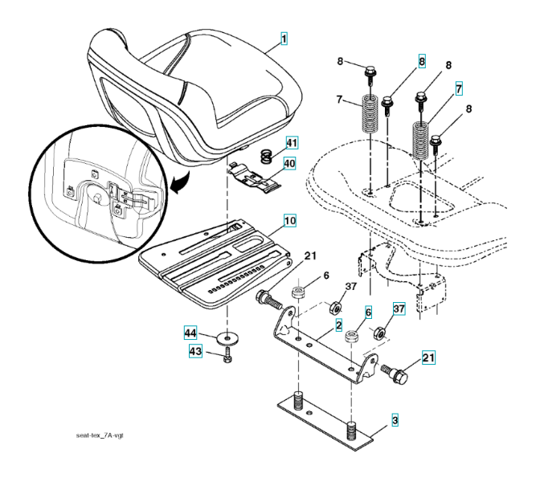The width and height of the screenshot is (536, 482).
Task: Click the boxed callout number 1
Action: click(x=284, y=39)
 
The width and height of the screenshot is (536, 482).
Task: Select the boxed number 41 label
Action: click(x=292, y=142)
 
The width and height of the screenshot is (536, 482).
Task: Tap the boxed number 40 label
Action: click(x=289, y=163)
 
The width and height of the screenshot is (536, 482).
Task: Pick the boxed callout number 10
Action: click(x=290, y=220)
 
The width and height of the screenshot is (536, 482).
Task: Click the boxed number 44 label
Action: click(x=190, y=333)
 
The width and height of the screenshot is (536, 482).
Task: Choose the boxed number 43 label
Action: click(x=195, y=351)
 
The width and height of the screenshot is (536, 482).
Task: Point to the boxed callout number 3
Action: click(x=395, y=420)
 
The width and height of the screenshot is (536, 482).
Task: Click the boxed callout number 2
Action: click(x=338, y=325)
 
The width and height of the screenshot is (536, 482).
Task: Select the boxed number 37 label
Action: click(x=399, y=308)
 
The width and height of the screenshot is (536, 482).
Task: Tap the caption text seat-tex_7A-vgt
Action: click(x=100, y=435)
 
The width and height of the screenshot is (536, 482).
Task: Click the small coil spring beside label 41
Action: click(x=267, y=157)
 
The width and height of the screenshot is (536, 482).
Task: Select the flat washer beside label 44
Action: click(x=227, y=338)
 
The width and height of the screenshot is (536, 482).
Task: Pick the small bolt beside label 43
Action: click(x=227, y=355)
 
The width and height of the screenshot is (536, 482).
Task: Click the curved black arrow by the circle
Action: click(x=180, y=182)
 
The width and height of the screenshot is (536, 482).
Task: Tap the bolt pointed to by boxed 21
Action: click(x=395, y=374)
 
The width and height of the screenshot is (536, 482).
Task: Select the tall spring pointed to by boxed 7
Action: click(x=420, y=140)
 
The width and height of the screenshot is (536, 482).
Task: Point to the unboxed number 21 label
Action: click(x=309, y=255)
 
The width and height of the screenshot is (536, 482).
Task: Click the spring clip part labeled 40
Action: click(x=254, y=176)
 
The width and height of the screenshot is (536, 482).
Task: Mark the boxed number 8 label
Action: click(x=422, y=62)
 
